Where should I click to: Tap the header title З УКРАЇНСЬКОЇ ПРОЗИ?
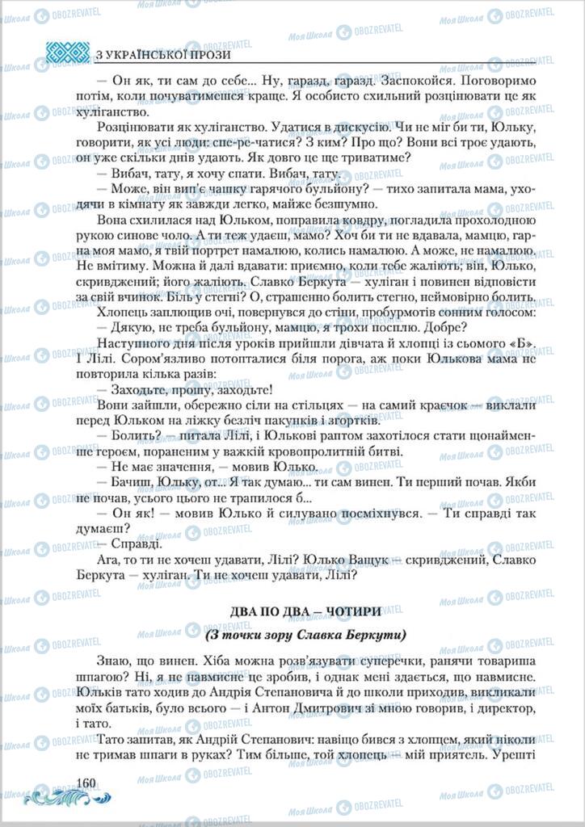pyautogui.click(x=162, y=55)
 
